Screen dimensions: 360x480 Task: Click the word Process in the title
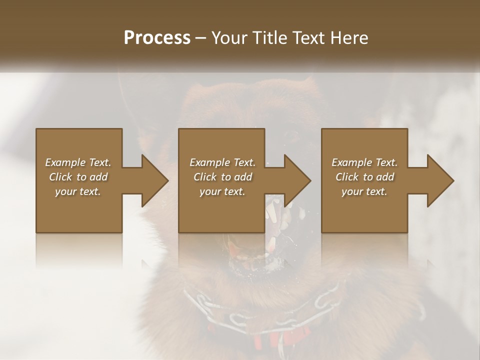tap(157, 38)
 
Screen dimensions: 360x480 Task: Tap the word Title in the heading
tap(269, 38)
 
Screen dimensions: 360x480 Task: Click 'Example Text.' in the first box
tap(78, 162)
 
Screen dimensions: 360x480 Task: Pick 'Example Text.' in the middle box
tap(222, 162)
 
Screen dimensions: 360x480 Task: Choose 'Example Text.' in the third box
tap(364, 162)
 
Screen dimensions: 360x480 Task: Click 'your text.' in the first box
tap(78, 191)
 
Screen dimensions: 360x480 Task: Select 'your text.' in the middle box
tap(222, 191)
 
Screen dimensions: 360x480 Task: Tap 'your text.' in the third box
tap(364, 191)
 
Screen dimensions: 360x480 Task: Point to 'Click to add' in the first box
tap(78, 177)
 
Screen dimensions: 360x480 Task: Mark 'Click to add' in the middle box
tap(222, 177)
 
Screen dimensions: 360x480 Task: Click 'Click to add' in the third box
tap(364, 177)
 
